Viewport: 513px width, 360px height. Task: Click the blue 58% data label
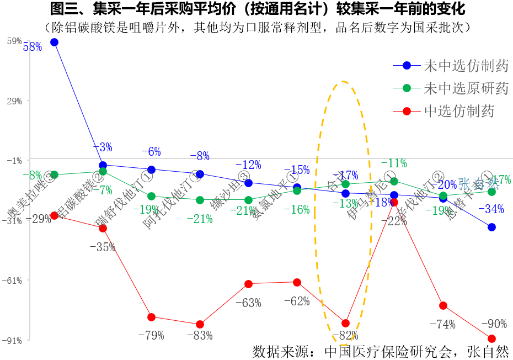[x=33, y=47]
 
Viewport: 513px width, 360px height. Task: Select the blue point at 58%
[x=54, y=42]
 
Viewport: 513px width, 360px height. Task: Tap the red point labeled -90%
[x=491, y=338]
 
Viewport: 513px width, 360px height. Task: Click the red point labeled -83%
[x=200, y=324]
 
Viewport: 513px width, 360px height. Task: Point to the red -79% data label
[x=151, y=335]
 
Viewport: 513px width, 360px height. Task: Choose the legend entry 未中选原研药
[x=466, y=88]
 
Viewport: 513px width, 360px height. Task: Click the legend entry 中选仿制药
[x=458, y=111]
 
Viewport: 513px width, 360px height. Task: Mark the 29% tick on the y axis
[x=14, y=100]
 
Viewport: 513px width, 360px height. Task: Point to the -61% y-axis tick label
[x=12, y=280]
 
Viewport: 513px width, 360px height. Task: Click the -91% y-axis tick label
[x=12, y=341]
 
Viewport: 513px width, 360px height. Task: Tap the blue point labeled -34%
[x=491, y=227]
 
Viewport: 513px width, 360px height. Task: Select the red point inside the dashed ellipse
[x=346, y=323]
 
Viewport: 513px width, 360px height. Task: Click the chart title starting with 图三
[x=257, y=9]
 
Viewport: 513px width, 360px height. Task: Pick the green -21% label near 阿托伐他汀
[x=199, y=219]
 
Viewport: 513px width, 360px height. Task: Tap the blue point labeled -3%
[x=103, y=165]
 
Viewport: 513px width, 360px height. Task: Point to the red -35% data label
[x=102, y=247]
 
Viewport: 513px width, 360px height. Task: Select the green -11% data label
[x=394, y=163]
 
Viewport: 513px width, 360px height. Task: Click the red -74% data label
[x=442, y=324]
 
